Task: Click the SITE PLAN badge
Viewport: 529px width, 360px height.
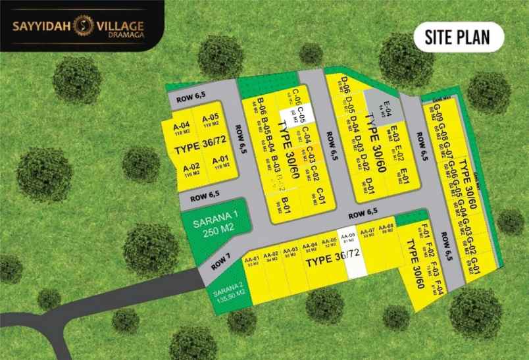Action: (459, 37)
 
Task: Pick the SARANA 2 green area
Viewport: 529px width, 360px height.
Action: (226, 290)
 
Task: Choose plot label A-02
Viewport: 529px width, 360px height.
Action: (191, 167)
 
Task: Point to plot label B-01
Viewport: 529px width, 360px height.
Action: (287, 200)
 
